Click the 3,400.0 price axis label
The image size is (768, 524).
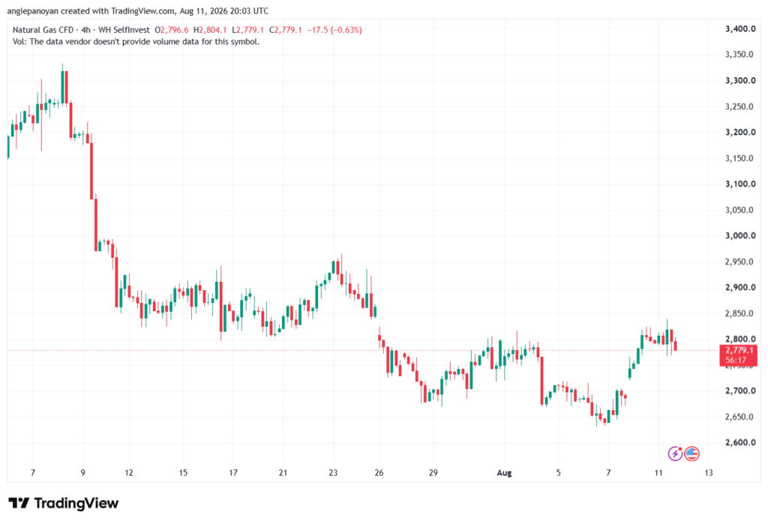[740, 29]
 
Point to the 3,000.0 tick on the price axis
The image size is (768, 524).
[740, 235]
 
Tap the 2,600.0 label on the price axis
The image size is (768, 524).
[740, 442]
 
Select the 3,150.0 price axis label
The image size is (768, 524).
[739, 158]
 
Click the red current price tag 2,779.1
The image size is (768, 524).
[738, 355]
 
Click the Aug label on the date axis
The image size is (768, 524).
[504, 472]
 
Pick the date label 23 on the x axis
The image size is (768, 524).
[333, 472]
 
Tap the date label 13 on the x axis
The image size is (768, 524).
[708, 472]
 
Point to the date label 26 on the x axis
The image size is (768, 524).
[379, 472]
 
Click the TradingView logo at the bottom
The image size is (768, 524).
[64, 503]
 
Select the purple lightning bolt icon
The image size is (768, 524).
[675, 454]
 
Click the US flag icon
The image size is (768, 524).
[691, 454]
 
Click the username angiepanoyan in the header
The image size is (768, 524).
[32, 10]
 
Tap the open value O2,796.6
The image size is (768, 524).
[172, 30]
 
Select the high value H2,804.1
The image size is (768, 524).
[210, 30]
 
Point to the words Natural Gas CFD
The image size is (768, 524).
[43, 30]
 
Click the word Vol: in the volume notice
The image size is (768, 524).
[19, 42]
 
